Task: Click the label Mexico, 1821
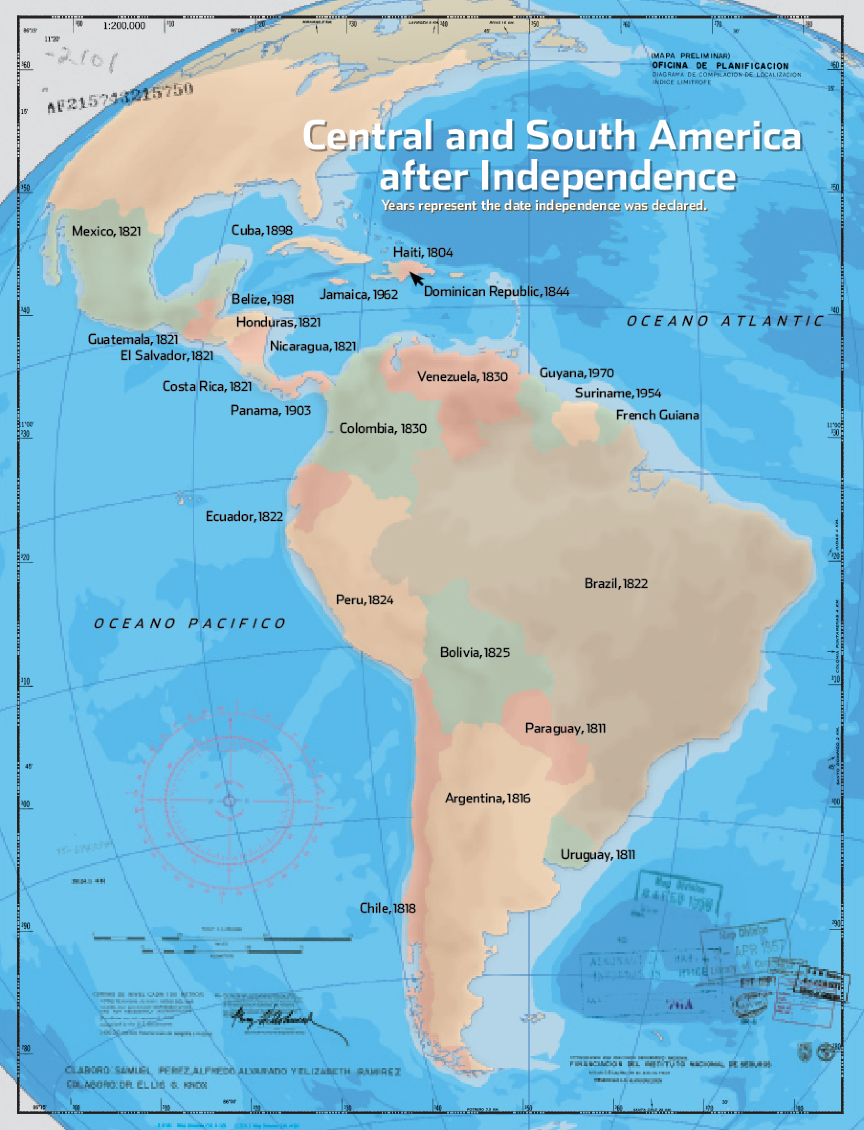click(106, 231)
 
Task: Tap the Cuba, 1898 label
click(262, 230)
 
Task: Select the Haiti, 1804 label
click(423, 252)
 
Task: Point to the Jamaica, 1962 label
click(358, 294)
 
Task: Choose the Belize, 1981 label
click(262, 299)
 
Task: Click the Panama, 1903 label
click(270, 410)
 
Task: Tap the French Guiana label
click(657, 415)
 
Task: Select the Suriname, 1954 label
click(618, 393)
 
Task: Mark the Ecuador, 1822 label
click(244, 516)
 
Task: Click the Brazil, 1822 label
click(616, 584)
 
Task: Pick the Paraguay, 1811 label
click(565, 728)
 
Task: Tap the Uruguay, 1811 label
click(598, 855)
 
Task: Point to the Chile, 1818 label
click(387, 908)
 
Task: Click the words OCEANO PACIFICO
click(189, 624)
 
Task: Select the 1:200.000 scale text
click(124, 26)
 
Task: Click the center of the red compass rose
click(229, 801)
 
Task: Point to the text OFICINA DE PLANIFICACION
click(720, 66)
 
